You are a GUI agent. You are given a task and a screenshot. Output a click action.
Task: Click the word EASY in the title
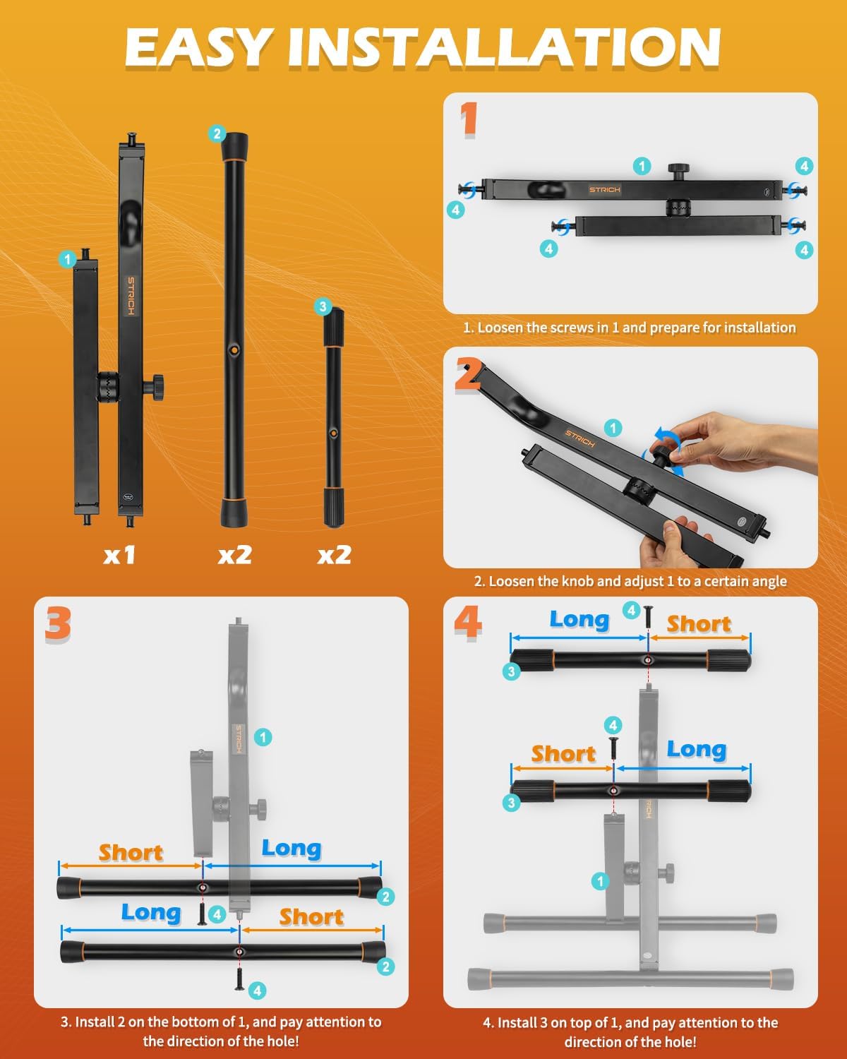coord(199,47)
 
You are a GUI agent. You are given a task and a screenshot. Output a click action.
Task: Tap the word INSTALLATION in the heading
coord(505,47)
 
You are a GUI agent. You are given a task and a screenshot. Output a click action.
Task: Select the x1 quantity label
coord(119,555)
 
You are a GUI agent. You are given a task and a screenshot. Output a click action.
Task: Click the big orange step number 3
coord(58,623)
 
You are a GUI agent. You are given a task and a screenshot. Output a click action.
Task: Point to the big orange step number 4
coord(468,623)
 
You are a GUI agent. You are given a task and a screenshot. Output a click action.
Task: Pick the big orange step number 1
coord(469,119)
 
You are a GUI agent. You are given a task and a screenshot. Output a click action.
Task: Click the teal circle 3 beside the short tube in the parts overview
coord(323,307)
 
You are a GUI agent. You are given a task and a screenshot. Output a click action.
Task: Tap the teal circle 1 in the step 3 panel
coord(263,737)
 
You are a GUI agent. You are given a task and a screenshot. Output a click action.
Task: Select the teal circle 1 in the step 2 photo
coord(613,428)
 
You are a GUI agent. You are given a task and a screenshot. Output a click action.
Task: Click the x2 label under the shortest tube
coord(334,555)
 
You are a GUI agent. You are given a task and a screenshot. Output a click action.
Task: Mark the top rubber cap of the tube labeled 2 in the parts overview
coord(235,146)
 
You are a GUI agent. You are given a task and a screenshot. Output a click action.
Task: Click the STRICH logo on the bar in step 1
coord(605,189)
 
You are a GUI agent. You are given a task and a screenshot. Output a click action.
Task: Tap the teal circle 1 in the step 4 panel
coord(600,881)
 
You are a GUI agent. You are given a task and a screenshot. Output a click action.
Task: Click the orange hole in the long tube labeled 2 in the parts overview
coord(235,349)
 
